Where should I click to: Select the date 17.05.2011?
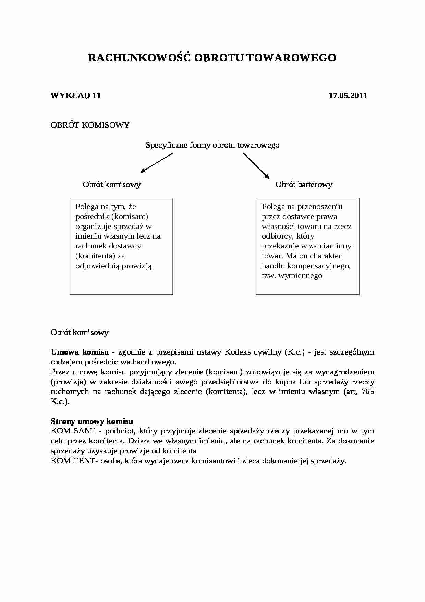tap(348, 95)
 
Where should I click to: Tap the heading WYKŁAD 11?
tap(76, 95)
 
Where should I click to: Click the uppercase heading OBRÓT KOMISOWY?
tap(90, 125)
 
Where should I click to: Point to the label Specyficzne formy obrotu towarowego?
tap(212, 145)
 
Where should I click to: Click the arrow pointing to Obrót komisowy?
tap(157, 162)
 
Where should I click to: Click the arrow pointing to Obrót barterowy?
tap(256, 165)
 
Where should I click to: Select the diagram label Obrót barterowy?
tap(304, 185)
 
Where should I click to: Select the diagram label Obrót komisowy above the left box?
tap(112, 185)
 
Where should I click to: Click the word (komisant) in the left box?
tap(130, 217)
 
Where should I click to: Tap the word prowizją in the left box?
tap(136, 266)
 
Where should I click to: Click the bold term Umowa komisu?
tap(80, 352)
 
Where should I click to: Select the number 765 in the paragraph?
tap(367, 392)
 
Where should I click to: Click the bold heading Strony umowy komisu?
tap(92, 421)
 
